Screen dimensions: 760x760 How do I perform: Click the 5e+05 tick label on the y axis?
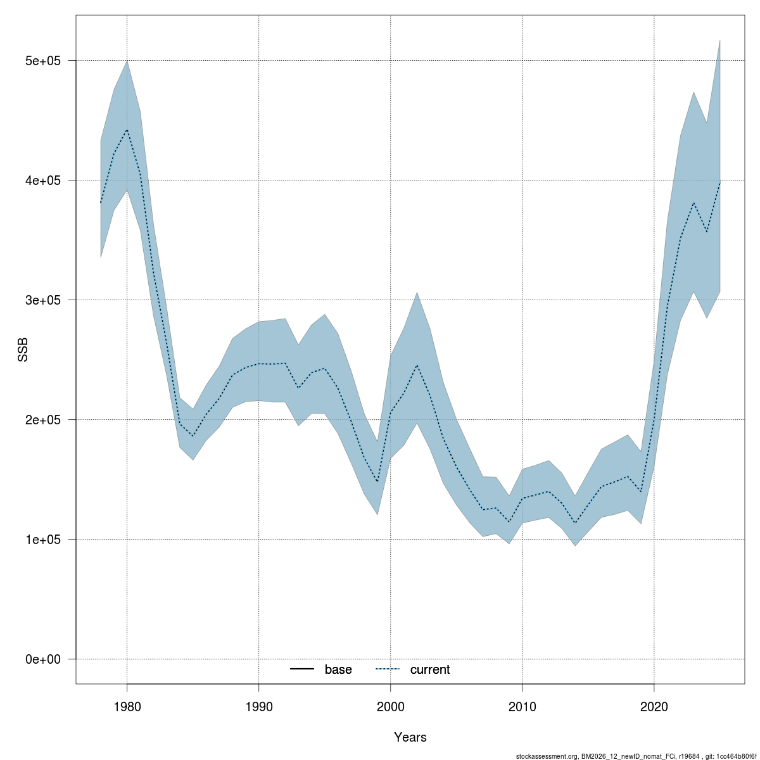click(42, 61)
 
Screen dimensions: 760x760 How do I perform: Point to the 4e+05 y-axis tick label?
click(42, 180)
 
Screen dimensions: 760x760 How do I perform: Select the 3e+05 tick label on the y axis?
click(42, 300)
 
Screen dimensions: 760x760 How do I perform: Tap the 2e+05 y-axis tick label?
click(42, 420)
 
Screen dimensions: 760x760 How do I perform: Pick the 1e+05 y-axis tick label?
click(42, 540)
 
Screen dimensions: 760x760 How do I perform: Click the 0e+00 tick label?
click(42, 659)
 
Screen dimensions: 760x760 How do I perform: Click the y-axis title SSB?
click(23, 350)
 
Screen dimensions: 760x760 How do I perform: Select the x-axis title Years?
click(410, 737)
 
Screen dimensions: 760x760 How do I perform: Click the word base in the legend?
click(338, 669)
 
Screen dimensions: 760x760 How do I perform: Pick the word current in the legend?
click(430, 669)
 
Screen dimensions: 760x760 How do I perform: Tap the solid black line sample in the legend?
click(302, 669)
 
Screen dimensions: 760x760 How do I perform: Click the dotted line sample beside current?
click(388, 669)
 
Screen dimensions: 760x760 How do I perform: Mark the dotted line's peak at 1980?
click(127, 129)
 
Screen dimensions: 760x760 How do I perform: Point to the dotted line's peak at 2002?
click(417, 365)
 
